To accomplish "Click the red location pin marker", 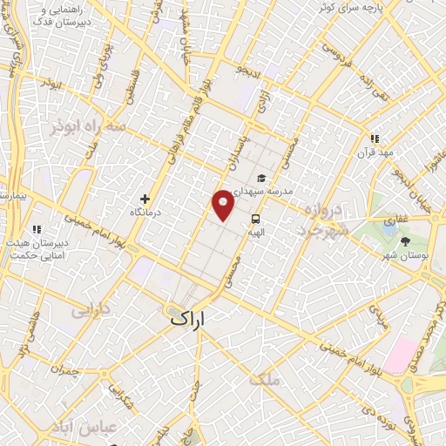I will (223, 204).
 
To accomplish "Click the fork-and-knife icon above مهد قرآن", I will (375, 139).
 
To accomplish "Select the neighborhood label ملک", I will (262, 379).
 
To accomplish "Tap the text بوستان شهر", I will (404, 256).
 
